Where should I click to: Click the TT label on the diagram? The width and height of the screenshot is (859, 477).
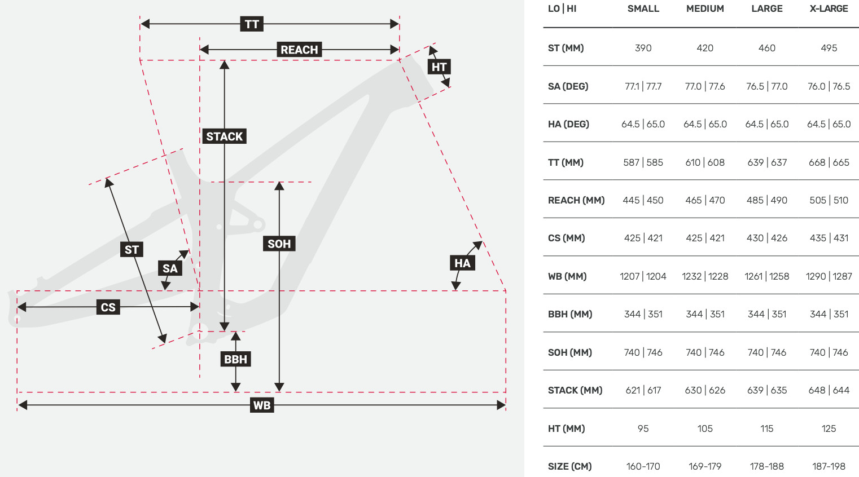(252, 24)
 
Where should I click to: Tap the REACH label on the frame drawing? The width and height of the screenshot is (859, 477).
(299, 50)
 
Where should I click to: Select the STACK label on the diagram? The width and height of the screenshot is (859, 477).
(224, 136)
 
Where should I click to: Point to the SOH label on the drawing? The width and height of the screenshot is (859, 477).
(279, 244)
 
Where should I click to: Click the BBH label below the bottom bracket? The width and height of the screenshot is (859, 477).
(235, 359)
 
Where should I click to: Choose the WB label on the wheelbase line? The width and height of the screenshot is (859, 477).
(262, 405)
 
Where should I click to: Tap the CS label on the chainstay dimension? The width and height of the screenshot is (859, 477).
(108, 307)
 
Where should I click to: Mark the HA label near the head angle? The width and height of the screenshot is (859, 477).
(462, 263)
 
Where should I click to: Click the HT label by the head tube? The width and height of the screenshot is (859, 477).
(439, 67)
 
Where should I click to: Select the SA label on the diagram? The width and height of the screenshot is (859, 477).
(170, 268)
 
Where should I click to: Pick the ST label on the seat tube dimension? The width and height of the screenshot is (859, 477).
(132, 250)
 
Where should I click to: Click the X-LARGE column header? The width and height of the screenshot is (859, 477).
(829, 9)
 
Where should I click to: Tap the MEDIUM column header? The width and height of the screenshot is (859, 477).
(705, 9)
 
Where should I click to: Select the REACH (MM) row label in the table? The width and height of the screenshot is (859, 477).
(576, 200)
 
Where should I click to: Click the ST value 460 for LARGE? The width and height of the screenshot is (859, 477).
(767, 48)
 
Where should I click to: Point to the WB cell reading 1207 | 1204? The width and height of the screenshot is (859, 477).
(643, 276)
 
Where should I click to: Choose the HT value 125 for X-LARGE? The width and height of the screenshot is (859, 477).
(829, 429)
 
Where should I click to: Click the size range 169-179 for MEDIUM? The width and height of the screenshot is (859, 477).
(705, 467)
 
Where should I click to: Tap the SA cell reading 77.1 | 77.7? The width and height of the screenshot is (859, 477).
(643, 87)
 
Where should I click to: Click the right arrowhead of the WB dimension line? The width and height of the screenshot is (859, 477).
(501, 405)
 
